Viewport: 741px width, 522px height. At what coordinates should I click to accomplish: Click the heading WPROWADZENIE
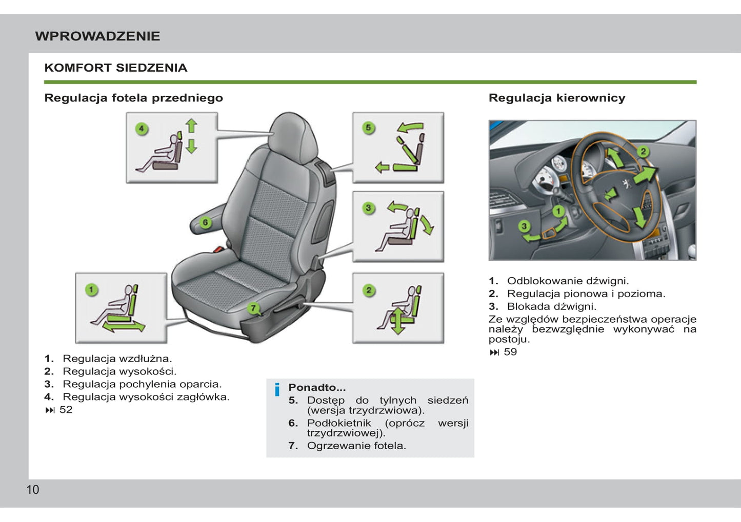tap(97, 36)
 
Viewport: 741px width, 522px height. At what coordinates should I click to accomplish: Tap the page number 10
tap(33, 490)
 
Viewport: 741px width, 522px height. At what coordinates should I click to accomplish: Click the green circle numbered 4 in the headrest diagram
tap(142, 129)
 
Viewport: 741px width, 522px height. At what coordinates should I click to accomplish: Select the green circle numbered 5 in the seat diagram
tap(369, 128)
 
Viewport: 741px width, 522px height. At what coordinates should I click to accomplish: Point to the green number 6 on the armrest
tap(205, 222)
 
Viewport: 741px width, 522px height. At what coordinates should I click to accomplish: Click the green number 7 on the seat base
tap(253, 308)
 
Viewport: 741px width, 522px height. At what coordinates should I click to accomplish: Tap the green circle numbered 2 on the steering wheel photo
tap(644, 151)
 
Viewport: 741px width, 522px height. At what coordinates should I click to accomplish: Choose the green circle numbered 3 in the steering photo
tap(524, 226)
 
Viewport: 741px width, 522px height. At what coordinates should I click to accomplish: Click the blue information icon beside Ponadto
tap(277, 389)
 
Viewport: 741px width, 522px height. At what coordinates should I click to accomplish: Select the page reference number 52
tap(66, 410)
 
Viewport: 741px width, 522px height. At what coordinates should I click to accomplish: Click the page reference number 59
tap(510, 352)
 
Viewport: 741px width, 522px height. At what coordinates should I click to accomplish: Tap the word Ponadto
tap(317, 387)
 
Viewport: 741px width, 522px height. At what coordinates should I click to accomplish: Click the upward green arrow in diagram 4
tap(191, 126)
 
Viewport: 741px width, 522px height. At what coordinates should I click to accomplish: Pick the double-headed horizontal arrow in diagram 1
tap(124, 327)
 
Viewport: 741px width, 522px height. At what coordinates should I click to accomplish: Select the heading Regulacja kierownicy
tap(557, 98)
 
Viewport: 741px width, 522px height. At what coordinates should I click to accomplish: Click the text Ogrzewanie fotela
tap(356, 446)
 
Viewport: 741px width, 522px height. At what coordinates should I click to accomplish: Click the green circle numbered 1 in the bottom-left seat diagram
tap(91, 290)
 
